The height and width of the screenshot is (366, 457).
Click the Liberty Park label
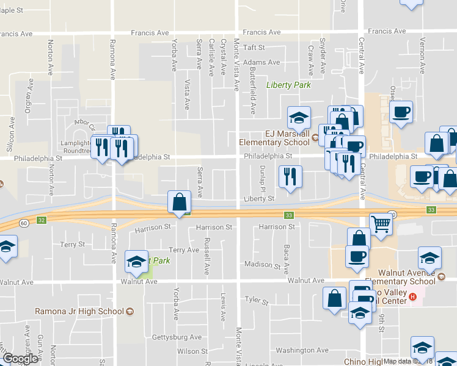pos(288,85)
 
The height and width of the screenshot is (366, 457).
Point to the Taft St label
pos(254,47)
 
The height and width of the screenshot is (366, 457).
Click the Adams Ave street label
pos(261,62)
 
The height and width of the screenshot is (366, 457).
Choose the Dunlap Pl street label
pos(261,176)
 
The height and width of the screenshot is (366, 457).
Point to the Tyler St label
pos(257,300)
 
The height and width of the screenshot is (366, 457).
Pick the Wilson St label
pos(188,351)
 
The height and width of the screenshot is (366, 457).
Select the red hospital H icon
pos(413,297)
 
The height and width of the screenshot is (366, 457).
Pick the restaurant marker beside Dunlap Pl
pos(290,176)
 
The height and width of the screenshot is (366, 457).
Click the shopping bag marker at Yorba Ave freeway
pos(179,201)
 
